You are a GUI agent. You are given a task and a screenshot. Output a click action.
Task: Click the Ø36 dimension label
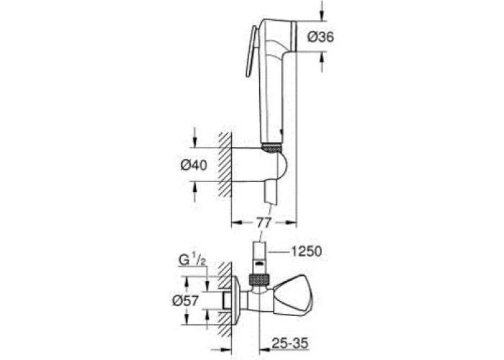[x=320, y=37]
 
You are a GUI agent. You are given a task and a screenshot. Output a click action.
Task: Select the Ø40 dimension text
[x=194, y=165]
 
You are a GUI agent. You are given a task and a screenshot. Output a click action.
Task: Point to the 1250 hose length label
[x=306, y=251]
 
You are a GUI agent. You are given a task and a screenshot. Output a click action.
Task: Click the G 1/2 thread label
[x=192, y=260]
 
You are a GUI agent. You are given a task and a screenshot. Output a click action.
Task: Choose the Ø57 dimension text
[x=186, y=300]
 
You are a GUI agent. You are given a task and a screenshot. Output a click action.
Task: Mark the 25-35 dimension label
[x=290, y=343]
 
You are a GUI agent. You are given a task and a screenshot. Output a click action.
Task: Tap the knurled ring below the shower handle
[x=271, y=148]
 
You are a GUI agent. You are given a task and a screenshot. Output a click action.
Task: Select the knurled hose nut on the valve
[x=259, y=279]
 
